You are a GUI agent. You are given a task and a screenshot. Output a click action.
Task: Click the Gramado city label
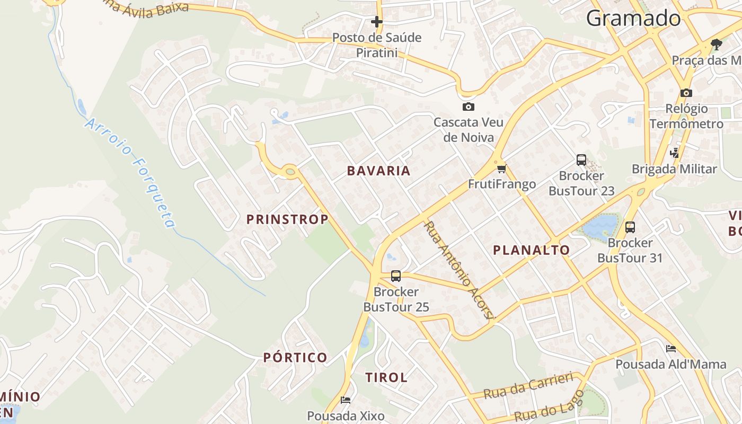tap(633, 19)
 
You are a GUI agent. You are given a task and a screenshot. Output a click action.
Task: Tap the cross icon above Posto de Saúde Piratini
tap(377, 22)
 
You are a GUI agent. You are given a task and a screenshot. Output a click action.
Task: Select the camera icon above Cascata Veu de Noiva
tap(468, 107)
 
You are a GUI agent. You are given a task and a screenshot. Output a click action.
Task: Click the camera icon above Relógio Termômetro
tap(686, 93)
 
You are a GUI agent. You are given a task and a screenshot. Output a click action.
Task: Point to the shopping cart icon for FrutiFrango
tap(501, 169)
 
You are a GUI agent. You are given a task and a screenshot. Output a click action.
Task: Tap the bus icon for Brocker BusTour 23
tap(581, 160)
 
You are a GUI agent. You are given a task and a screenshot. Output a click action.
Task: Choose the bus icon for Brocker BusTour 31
tap(630, 227)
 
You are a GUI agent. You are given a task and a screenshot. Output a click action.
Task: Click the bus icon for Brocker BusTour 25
tap(396, 276)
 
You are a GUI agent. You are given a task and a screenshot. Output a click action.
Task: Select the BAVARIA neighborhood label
tap(379, 171)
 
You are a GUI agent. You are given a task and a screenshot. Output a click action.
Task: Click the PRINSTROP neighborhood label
tap(287, 219)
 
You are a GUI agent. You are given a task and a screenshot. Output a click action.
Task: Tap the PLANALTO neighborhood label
tap(532, 250)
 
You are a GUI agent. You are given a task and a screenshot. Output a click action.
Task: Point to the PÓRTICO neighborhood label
tap(295, 358)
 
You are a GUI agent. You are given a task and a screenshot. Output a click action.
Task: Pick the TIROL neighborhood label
tap(386, 378)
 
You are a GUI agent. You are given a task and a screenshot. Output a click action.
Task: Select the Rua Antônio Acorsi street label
tap(459, 270)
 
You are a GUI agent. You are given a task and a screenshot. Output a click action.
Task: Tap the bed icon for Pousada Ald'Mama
tap(671, 349)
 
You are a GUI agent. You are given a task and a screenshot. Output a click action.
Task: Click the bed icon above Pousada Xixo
tap(346, 400)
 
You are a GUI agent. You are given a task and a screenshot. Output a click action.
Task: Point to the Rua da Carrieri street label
tap(529, 385)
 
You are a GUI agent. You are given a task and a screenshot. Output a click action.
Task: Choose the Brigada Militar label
tap(674, 169)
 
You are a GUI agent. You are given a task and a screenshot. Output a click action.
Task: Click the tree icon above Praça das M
tap(717, 44)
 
